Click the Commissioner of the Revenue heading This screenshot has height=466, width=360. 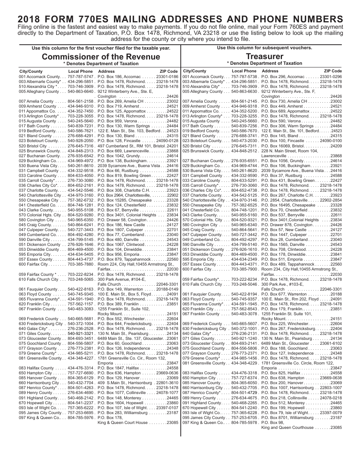101,57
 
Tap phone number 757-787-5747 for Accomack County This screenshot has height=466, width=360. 81,77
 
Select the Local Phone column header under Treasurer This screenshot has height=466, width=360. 244,71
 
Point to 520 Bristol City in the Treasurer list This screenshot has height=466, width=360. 196,146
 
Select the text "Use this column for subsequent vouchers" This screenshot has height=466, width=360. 265,48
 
